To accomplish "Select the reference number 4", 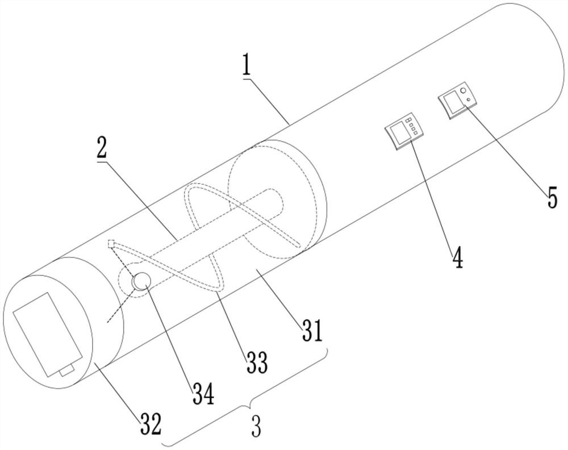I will click(457, 257).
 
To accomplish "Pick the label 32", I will click(152, 423).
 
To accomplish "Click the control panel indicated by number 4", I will click(404, 131).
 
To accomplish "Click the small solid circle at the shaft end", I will click(140, 280).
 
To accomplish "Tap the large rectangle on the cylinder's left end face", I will click(49, 332).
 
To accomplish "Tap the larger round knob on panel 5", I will click(464, 91).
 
